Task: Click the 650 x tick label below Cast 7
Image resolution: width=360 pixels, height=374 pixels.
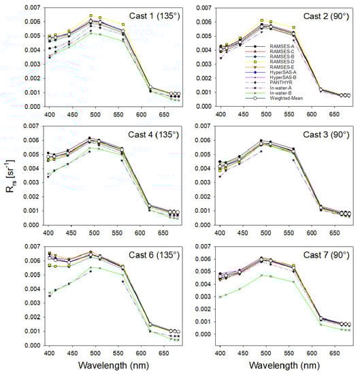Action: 332,354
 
